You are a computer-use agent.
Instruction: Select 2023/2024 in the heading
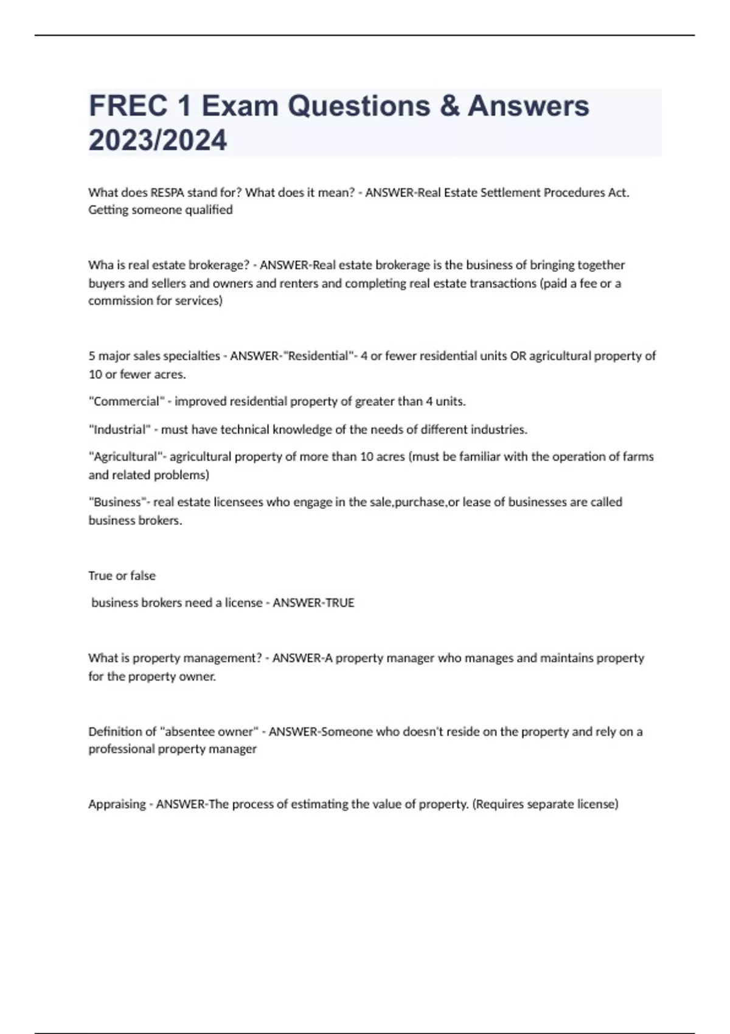coord(158,141)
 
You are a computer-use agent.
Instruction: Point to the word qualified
coord(207,210)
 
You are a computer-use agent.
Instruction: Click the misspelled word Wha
coord(100,265)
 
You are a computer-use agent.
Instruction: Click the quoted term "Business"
coord(118,502)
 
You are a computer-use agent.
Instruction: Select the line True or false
coord(122,575)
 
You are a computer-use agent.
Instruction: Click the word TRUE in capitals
coord(340,603)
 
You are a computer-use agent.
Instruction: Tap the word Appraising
coord(117,804)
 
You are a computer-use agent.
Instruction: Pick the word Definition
coord(114,732)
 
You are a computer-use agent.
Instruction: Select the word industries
coord(502,429)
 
